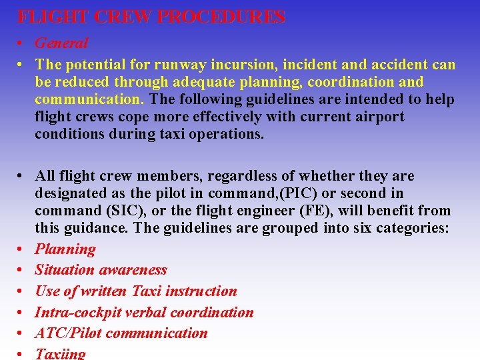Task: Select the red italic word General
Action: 61,43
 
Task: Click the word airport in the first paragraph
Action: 379,117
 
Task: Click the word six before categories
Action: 357,228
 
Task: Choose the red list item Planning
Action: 65,249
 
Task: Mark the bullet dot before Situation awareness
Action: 22,271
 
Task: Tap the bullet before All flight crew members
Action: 22,177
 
